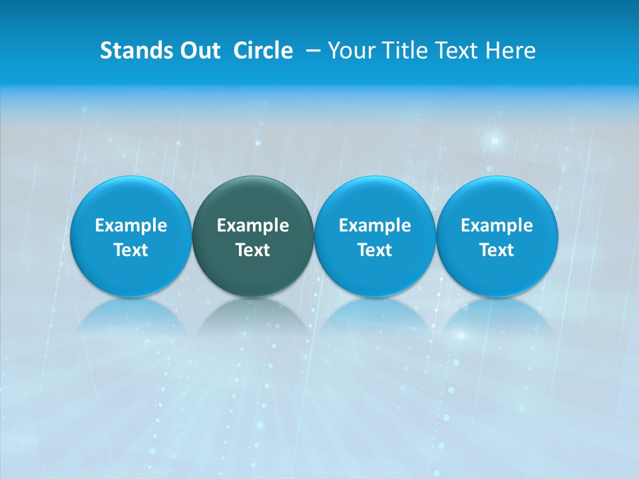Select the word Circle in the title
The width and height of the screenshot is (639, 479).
(263, 51)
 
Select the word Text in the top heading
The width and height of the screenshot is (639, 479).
(457, 51)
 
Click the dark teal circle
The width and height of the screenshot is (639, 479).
(253, 237)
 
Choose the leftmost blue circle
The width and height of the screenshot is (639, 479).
(130, 237)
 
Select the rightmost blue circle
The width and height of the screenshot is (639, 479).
(497, 237)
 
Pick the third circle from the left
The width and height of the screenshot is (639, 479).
(375, 237)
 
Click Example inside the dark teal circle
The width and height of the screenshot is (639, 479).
(253, 226)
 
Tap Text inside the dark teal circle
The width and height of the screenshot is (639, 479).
(253, 250)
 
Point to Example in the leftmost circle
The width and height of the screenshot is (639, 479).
(130, 226)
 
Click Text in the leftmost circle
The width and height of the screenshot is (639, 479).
(130, 250)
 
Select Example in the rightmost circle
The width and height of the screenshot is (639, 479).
(497, 226)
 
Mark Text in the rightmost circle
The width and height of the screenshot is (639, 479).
(497, 250)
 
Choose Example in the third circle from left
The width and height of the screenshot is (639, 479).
(375, 226)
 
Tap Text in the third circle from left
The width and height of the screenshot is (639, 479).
(375, 250)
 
